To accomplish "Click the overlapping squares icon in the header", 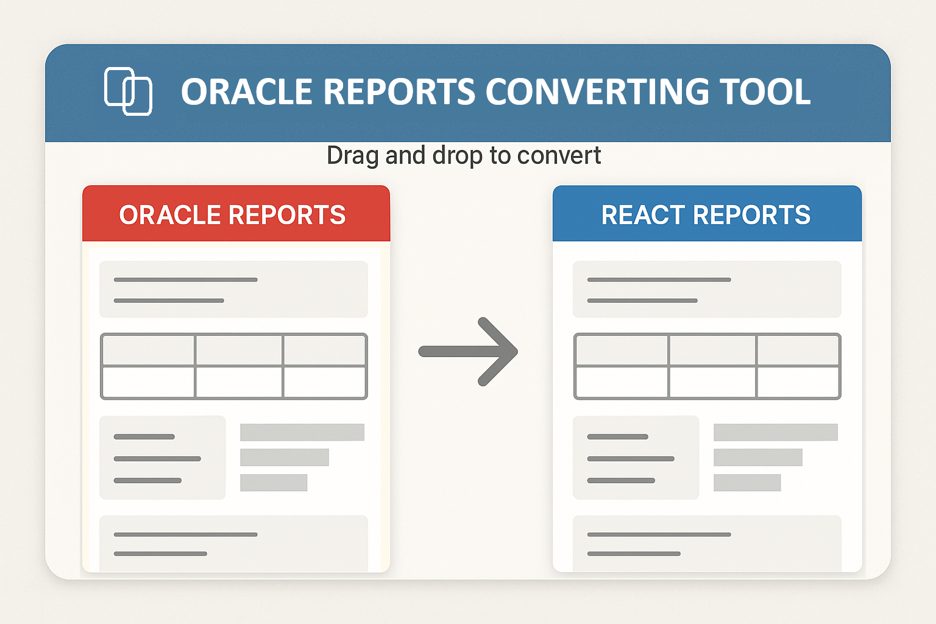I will [128, 91].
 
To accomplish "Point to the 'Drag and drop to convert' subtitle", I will [464, 155].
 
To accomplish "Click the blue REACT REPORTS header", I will [707, 214].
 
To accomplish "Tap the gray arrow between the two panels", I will [468, 352].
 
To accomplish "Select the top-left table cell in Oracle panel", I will [148, 350].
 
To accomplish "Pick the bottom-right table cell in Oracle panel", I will [324, 382].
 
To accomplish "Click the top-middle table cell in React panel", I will [712, 350].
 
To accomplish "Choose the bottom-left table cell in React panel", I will [622, 382].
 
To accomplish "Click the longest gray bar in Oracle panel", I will [302, 432].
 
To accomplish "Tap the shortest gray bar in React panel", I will [747, 483].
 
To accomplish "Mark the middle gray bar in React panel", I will [758, 457].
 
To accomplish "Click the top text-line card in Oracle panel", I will [233, 289].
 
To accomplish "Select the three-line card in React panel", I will [636, 458].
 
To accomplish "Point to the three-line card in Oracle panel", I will [162, 458].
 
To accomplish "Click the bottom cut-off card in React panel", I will [707, 544].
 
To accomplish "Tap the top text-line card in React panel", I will [707, 289].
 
